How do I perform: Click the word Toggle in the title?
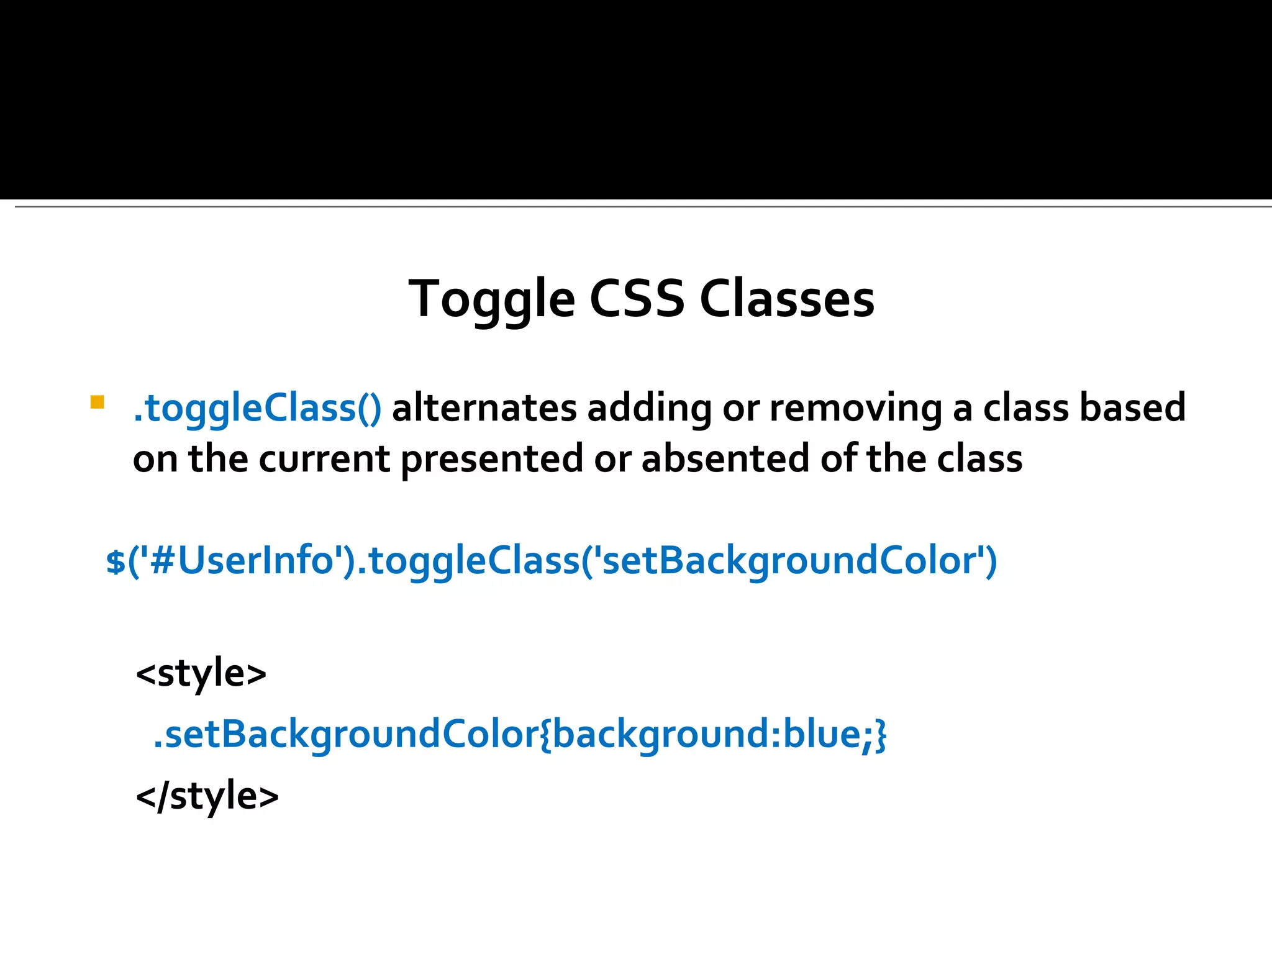[x=491, y=300]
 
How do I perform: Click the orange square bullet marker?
[x=97, y=402]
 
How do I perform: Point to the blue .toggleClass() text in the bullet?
[x=257, y=409]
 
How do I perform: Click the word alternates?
[x=484, y=408]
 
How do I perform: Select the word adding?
[x=650, y=408]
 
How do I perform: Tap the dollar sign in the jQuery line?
[x=116, y=561]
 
